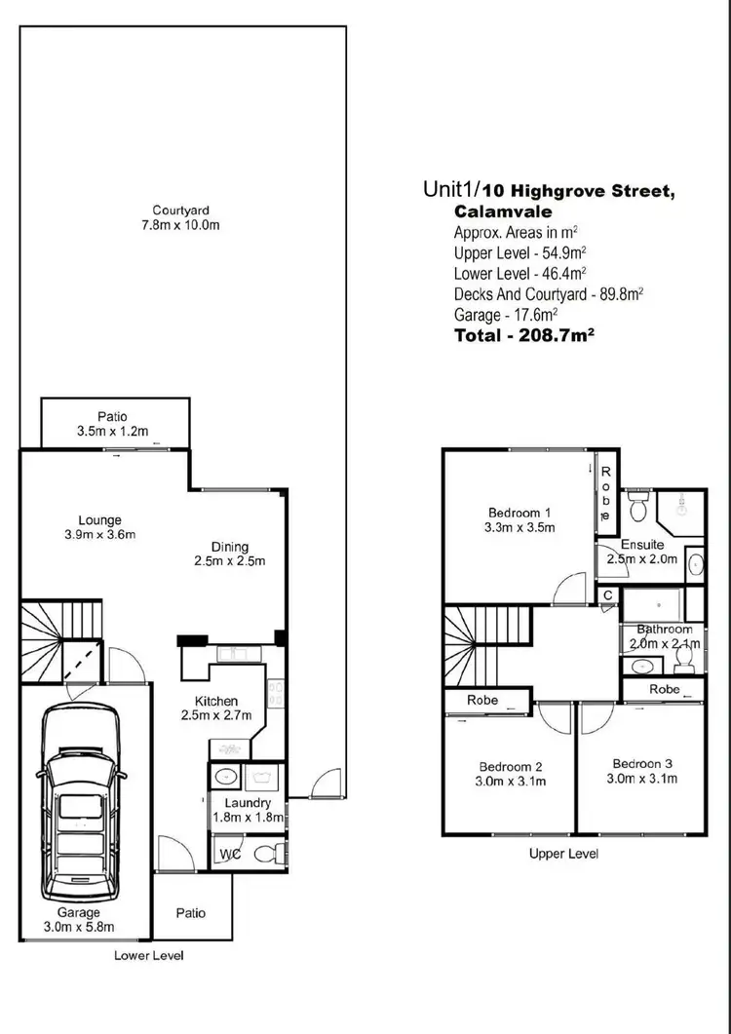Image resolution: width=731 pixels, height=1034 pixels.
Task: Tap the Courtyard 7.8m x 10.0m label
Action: click(180, 218)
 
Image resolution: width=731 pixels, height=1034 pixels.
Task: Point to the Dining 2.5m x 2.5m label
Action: click(230, 554)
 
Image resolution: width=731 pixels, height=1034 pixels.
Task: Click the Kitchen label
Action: click(216, 708)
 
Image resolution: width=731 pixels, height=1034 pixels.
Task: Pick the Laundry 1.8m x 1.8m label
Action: click(248, 810)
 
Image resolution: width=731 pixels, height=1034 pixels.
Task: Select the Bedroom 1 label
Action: click(520, 520)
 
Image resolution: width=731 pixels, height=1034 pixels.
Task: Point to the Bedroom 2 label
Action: click(511, 774)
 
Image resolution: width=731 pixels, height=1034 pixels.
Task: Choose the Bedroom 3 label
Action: click(643, 770)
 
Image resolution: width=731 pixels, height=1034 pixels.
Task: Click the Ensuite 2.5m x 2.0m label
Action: click(642, 552)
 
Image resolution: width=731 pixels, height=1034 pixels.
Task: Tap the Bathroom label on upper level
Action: click(666, 636)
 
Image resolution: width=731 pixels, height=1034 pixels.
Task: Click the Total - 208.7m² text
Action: click(524, 334)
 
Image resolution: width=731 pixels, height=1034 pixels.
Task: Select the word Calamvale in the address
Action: click(503, 211)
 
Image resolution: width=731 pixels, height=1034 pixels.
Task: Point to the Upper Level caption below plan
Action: click(563, 854)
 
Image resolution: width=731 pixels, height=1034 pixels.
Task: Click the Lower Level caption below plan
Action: click(148, 955)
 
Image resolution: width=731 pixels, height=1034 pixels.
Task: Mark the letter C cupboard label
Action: click(607, 594)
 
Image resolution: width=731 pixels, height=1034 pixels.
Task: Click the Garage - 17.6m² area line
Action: click(506, 314)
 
